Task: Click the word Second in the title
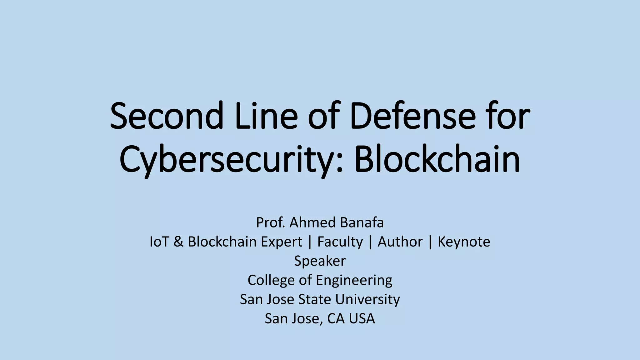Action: pos(167,116)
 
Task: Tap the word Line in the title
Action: pos(266,116)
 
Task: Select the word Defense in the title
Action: pos(413,116)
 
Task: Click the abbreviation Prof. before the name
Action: pos(270,222)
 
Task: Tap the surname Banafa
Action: pos(362,222)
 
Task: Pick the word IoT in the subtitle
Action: pos(159,242)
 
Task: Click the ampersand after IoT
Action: pos(178,242)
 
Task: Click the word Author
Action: pos(400,242)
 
